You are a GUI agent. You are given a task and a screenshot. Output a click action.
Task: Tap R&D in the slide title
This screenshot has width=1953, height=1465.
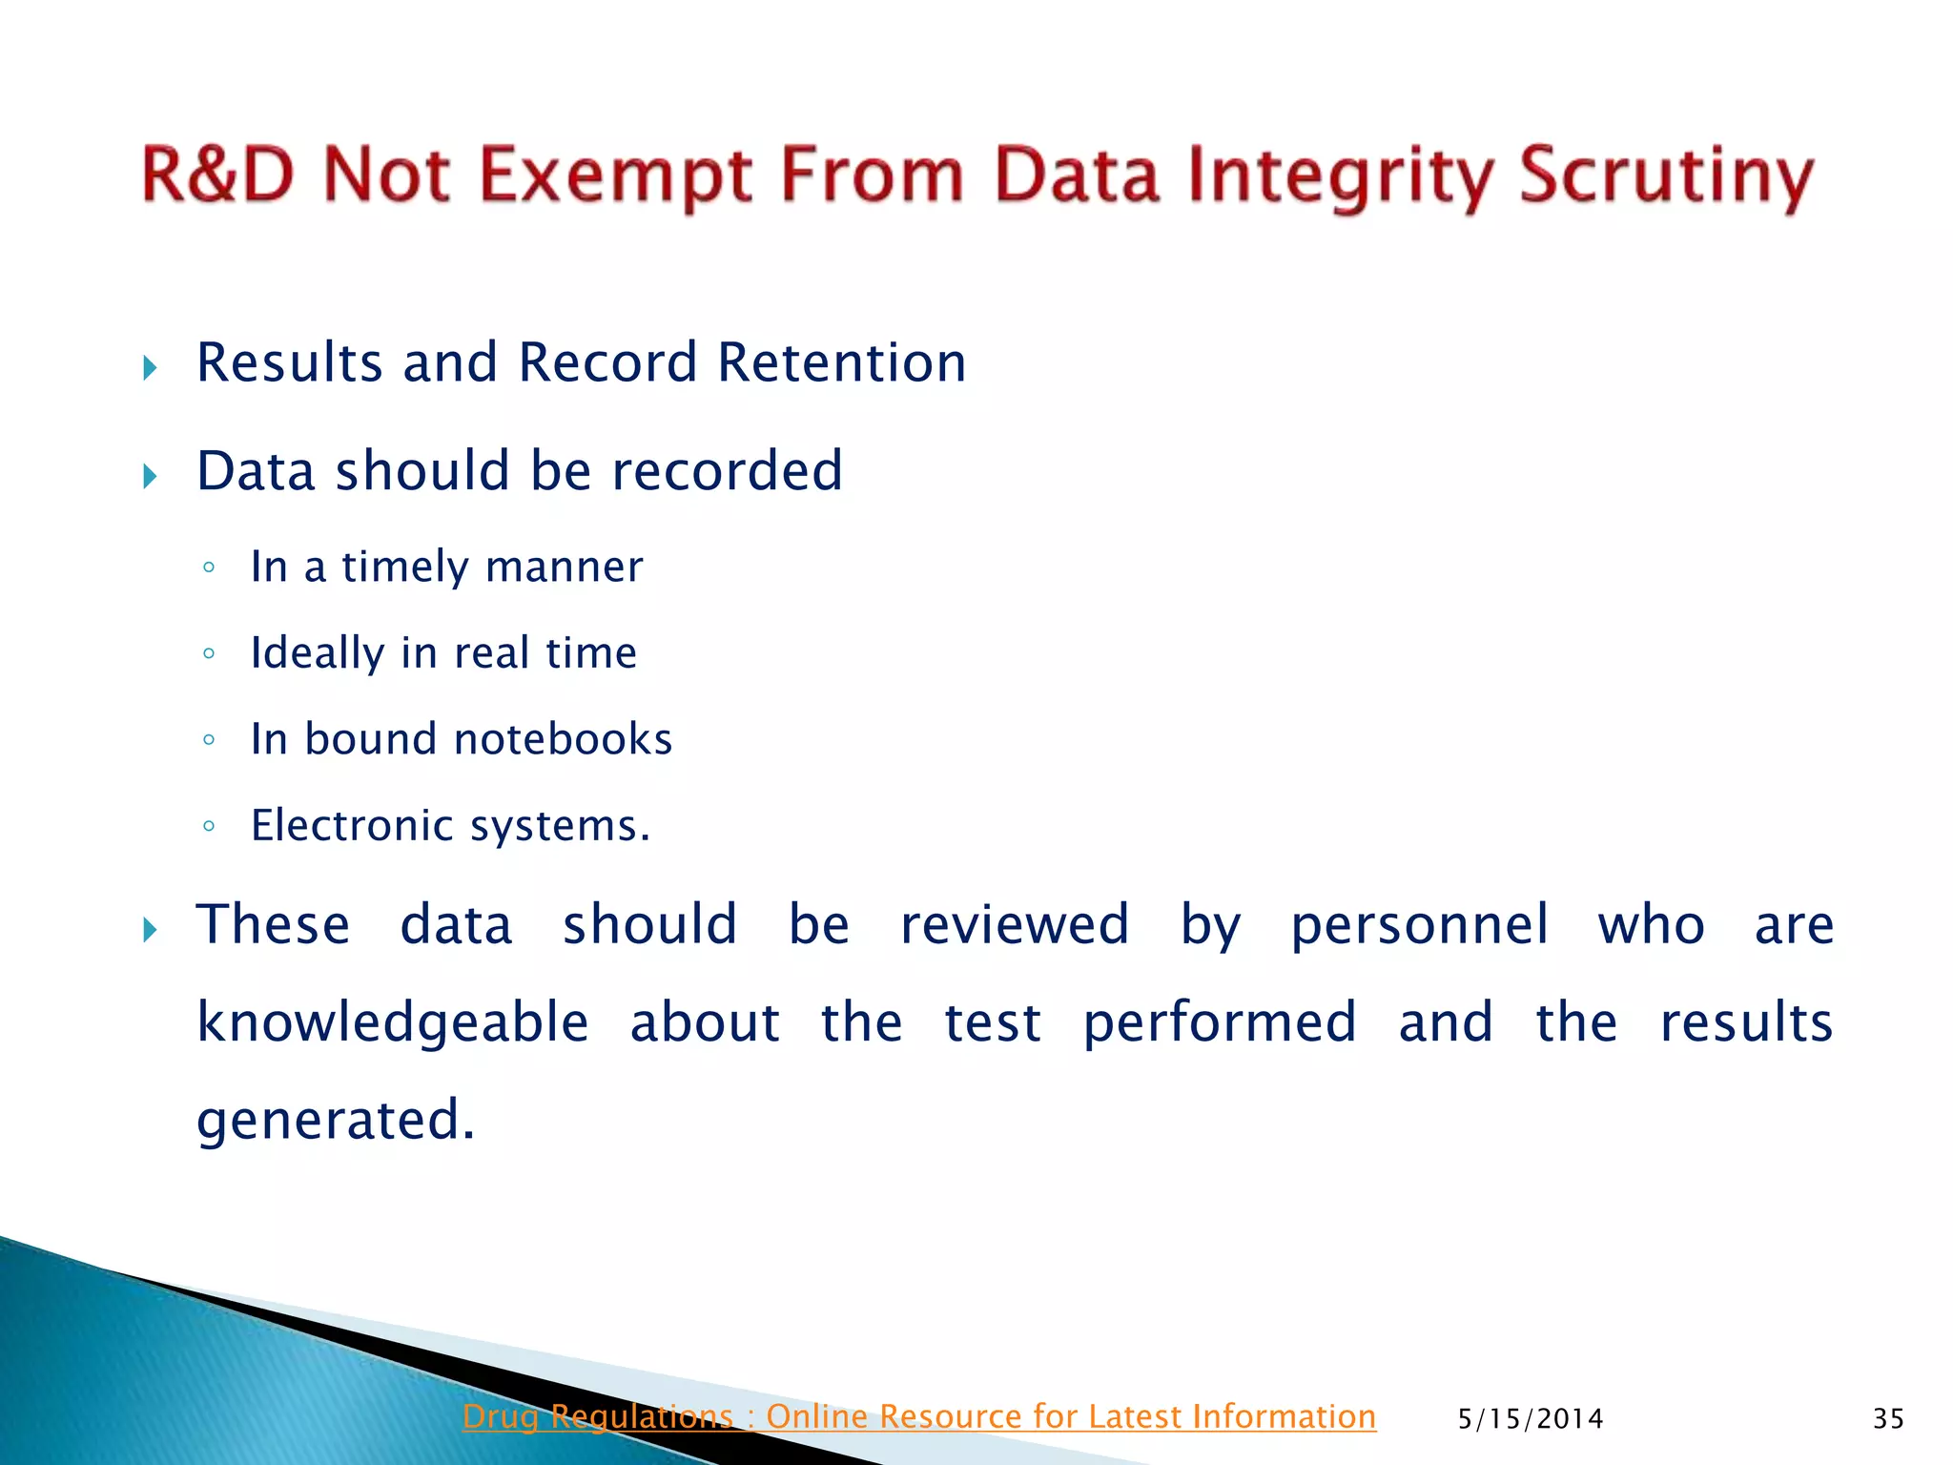coord(218,175)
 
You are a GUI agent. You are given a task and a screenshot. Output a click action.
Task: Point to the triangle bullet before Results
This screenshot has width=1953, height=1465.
coord(150,368)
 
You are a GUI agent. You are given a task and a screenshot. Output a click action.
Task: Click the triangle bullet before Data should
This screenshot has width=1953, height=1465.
coord(150,476)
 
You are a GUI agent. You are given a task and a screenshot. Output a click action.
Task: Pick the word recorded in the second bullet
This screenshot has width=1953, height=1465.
coord(727,471)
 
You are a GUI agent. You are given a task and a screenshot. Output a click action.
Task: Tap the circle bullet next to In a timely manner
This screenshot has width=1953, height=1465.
coord(209,568)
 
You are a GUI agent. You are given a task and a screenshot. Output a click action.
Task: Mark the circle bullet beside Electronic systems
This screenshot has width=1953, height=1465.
coord(209,827)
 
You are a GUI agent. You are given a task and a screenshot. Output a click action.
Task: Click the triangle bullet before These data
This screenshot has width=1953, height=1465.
coord(150,930)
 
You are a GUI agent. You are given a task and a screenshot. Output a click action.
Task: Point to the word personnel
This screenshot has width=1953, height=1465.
coord(1419,926)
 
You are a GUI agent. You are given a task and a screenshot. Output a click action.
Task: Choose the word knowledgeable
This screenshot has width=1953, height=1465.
coord(393,1023)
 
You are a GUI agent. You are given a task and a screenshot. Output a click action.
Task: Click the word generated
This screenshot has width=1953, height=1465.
coord(335,1121)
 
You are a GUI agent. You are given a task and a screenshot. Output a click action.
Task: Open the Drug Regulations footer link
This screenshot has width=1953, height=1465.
coord(918,1417)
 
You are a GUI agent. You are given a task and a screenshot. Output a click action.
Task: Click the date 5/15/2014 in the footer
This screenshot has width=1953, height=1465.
coord(1531,1419)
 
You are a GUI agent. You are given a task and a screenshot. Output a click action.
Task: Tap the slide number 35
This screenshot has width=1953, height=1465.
coord(1888,1419)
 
